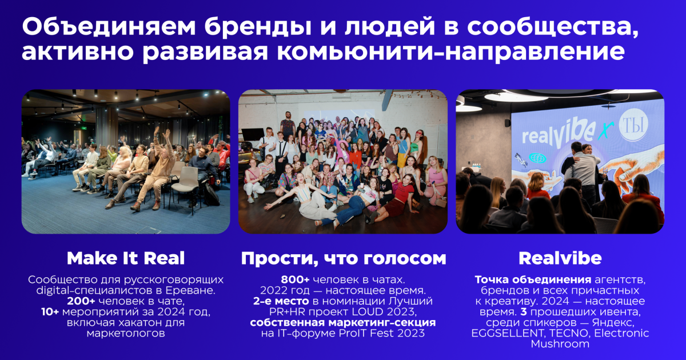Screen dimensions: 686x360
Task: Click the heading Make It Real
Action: [126, 258]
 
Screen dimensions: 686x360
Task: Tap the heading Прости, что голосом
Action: [344, 259]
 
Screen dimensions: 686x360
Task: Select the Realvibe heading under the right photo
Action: [560, 258]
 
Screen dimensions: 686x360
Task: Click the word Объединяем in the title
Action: [109, 27]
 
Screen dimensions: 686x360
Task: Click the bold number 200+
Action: [81, 301]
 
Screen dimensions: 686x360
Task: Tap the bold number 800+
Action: [295, 280]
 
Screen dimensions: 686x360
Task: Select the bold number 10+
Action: [50, 312]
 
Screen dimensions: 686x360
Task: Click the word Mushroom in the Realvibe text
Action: [560, 344]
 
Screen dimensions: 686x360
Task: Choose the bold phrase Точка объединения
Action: [533, 280]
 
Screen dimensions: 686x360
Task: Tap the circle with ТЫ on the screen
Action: [633, 125]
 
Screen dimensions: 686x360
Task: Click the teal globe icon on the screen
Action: [538, 158]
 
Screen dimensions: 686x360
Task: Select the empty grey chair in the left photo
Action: [186, 184]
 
